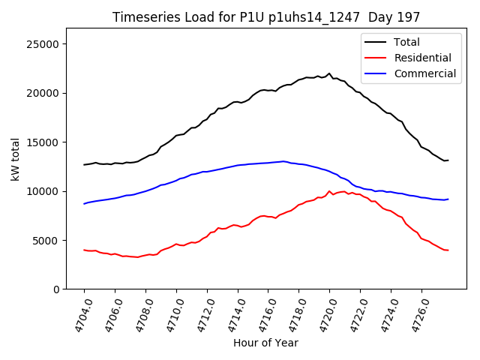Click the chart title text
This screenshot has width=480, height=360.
click(x=266, y=17)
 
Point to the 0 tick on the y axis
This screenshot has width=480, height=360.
click(x=57, y=289)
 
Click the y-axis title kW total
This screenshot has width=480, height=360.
click(x=16, y=159)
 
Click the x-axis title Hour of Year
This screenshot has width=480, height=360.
click(x=265, y=343)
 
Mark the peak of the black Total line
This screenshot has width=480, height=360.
click(x=329, y=73)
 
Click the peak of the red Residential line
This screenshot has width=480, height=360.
click(x=329, y=190)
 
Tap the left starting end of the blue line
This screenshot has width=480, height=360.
click(x=85, y=204)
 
